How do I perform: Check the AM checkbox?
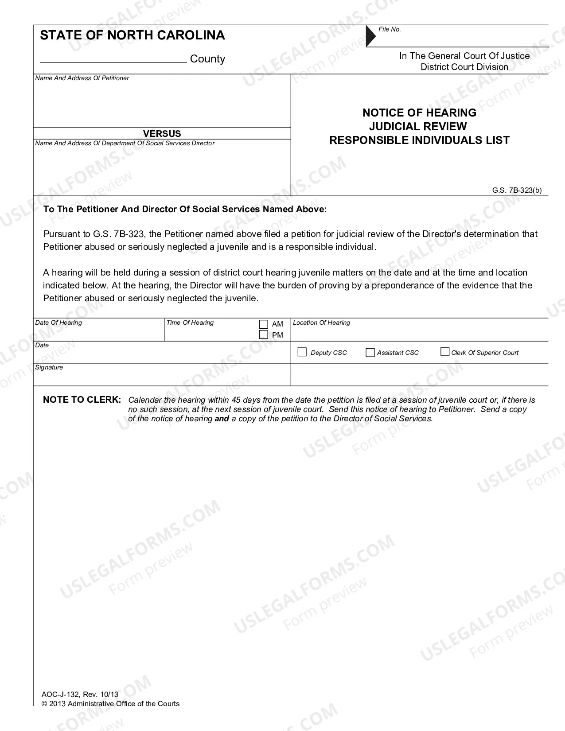(x=264, y=324)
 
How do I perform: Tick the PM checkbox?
(x=264, y=335)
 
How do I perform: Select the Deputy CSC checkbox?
(x=302, y=352)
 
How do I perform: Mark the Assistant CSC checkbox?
(x=370, y=353)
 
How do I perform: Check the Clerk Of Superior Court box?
(x=445, y=352)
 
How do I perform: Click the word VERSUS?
(x=162, y=133)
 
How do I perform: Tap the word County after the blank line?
(x=207, y=59)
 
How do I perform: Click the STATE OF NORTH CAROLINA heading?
(x=132, y=35)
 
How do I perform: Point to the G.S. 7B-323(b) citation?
(x=517, y=191)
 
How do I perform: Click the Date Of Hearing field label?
(x=58, y=323)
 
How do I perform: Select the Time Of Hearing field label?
(x=190, y=323)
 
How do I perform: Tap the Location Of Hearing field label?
(x=321, y=323)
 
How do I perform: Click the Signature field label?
(x=49, y=367)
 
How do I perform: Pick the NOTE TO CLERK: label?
(x=82, y=400)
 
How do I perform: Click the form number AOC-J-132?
(x=60, y=695)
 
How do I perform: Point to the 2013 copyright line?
(x=111, y=704)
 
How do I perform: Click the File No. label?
(x=390, y=29)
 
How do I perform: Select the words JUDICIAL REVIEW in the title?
(x=418, y=126)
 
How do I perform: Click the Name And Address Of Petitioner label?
(x=82, y=78)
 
